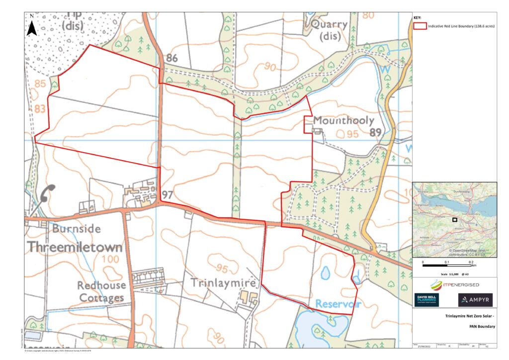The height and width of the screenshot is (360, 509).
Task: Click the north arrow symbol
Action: [32, 26]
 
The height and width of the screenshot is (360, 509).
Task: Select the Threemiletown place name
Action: [74, 247]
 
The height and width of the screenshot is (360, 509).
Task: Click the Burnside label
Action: [77, 229]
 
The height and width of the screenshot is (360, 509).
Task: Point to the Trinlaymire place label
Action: [224, 283]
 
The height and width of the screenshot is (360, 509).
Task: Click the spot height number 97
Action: [167, 194]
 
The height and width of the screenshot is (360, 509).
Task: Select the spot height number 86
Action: [172, 58]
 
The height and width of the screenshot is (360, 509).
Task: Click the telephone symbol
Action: [48, 193]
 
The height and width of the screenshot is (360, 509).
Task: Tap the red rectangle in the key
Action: [420, 26]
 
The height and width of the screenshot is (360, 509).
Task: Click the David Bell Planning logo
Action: [427, 300]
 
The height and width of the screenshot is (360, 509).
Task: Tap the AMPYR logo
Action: [475, 300]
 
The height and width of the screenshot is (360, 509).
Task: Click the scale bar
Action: [447, 266]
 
